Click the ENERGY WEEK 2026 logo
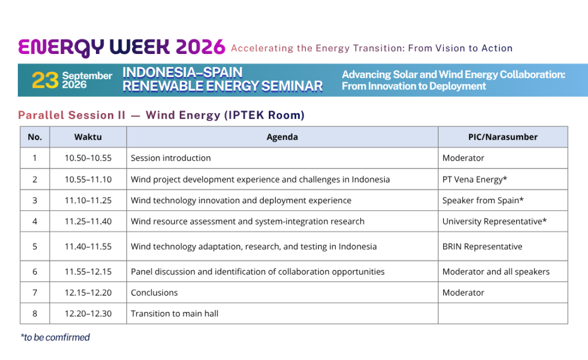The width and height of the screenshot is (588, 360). pyautogui.click(x=122, y=47)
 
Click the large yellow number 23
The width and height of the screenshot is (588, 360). pyautogui.click(x=45, y=80)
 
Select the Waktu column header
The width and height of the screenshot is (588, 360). pyautogui.click(x=88, y=137)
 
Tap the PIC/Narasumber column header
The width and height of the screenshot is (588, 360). pyautogui.click(x=503, y=137)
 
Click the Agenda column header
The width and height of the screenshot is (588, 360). pyautogui.click(x=282, y=137)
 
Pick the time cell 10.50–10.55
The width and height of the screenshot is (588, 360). pyautogui.click(x=88, y=158)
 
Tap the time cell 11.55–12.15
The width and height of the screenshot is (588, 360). pyautogui.click(x=88, y=272)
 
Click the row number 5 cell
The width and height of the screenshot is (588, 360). pyautogui.click(x=35, y=246)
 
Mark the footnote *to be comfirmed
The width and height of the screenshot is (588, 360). pyautogui.click(x=55, y=337)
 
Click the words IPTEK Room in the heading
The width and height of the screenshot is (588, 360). pyautogui.click(x=264, y=115)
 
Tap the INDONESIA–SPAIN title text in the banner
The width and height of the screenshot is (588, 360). pyautogui.click(x=182, y=72)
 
